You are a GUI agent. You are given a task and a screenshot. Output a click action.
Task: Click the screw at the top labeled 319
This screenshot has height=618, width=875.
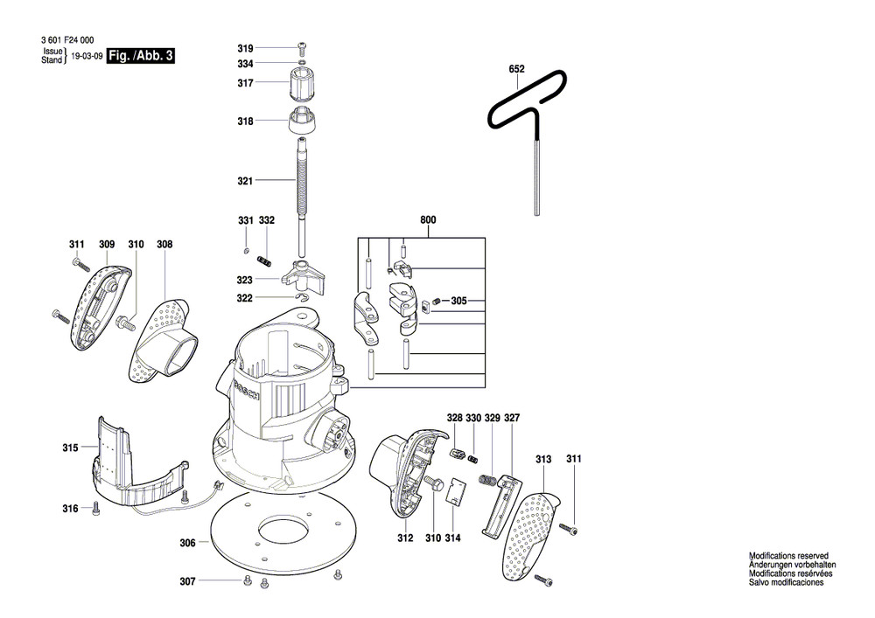click(302, 47)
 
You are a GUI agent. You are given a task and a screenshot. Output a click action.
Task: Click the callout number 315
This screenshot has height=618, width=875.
click(70, 448)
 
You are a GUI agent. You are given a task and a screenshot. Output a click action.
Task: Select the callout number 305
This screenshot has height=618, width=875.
click(459, 302)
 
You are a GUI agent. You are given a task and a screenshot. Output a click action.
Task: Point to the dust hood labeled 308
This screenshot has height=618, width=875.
click(165, 336)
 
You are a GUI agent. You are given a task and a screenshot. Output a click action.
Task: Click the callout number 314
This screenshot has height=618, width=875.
click(452, 539)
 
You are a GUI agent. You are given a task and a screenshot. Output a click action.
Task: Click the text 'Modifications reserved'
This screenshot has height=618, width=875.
click(788, 556)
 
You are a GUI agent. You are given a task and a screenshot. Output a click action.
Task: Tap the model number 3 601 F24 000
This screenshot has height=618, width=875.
click(67, 40)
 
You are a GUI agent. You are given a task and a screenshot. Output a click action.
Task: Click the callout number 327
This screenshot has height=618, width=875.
click(512, 419)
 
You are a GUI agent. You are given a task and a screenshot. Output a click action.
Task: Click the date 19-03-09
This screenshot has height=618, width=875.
click(85, 55)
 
